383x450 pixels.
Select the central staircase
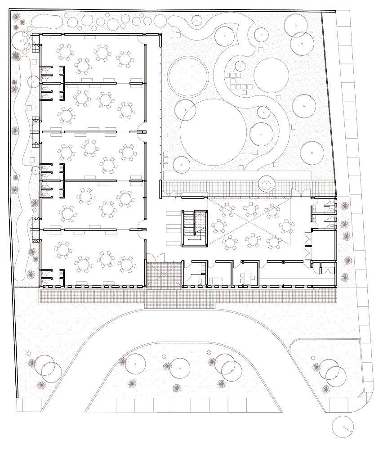[x=193, y=229]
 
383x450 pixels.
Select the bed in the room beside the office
[x=216, y=280]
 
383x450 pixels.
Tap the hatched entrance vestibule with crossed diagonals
[x=163, y=274]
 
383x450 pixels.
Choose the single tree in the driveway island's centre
[x=180, y=367]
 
